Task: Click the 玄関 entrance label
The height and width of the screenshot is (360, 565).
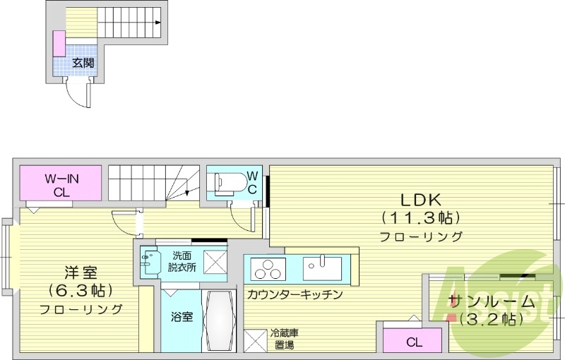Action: (x=83, y=63)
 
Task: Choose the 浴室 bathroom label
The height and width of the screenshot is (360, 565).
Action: (x=182, y=317)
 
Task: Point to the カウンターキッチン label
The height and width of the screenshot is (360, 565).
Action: (x=295, y=294)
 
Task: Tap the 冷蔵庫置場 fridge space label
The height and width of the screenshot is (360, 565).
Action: (x=284, y=338)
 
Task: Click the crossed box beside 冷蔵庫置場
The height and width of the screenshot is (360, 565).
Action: (x=255, y=340)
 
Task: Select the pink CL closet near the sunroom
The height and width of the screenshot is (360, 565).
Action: (x=414, y=342)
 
